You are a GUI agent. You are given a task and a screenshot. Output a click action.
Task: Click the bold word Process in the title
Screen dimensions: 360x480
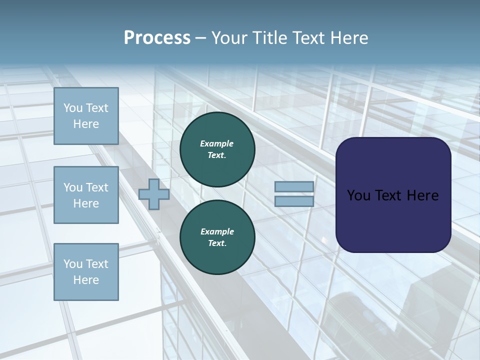click(x=157, y=38)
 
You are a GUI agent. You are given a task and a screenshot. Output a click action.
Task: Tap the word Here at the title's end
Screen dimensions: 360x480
click(x=347, y=38)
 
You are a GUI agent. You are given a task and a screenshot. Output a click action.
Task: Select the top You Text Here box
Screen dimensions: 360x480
click(x=86, y=116)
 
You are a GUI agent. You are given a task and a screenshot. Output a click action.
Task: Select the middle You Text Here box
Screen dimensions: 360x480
click(x=86, y=195)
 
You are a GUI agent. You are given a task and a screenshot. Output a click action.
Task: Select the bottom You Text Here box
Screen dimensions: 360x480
click(x=86, y=272)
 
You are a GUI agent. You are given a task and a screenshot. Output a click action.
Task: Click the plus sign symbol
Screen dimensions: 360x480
click(x=154, y=194)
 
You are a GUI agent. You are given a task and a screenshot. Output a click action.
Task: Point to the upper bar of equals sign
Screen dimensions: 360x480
click(x=294, y=186)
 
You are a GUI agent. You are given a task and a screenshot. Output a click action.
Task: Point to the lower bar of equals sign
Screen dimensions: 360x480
click(x=294, y=201)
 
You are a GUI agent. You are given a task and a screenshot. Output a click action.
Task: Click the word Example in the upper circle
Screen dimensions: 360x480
click(x=217, y=143)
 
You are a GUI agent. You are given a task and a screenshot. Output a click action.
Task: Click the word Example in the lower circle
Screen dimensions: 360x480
click(x=217, y=231)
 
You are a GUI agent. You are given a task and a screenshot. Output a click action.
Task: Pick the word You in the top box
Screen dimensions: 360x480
click(x=73, y=108)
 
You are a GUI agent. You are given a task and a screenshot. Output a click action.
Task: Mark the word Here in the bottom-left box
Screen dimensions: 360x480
click(x=86, y=280)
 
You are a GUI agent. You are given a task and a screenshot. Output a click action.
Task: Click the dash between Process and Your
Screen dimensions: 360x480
click(x=200, y=38)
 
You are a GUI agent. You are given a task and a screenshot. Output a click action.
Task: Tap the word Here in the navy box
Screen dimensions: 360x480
click(x=423, y=195)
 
